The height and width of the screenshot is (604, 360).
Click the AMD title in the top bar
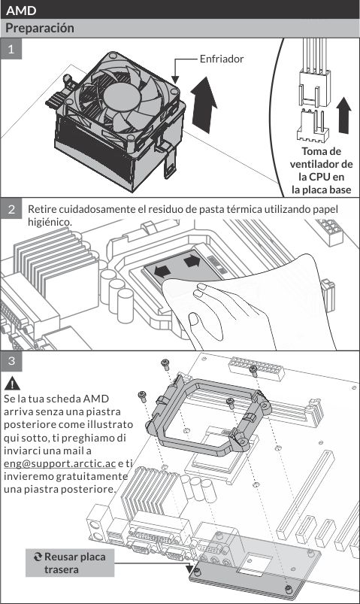(21, 10)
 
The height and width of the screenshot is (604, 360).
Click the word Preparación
(40, 28)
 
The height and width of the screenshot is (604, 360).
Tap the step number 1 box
(11, 49)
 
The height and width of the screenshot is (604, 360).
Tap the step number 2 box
(11, 209)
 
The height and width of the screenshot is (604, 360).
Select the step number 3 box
(11, 361)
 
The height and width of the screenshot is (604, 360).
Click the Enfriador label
(222, 59)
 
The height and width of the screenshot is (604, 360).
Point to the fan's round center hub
(121, 97)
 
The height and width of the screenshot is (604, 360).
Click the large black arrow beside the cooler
(204, 105)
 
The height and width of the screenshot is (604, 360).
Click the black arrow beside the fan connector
(343, 115)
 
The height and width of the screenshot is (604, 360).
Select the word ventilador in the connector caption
(321, 164)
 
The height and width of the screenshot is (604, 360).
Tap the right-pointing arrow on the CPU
(192, 261)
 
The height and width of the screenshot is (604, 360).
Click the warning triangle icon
(12, 384)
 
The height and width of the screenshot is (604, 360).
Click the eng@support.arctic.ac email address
(59, 463)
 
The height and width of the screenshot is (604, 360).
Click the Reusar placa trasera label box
(70, 563)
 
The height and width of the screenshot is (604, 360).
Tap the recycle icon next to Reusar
(38, 557)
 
